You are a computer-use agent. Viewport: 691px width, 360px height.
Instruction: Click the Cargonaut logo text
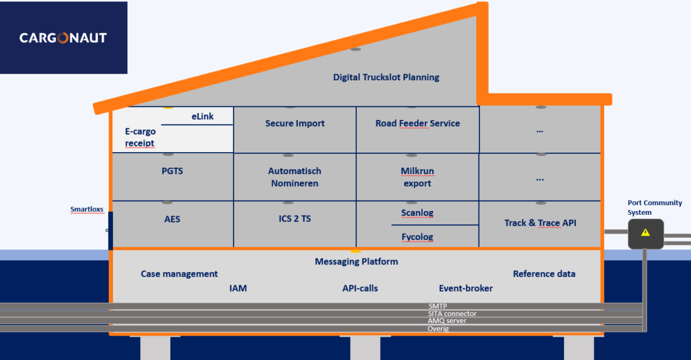[x=63, y=38]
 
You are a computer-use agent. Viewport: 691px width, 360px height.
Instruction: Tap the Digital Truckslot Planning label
[x=386, y=77]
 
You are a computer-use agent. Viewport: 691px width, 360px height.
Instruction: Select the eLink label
[x=202, y=116]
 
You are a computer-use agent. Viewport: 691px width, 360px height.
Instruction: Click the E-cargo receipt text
[x=140, y=137]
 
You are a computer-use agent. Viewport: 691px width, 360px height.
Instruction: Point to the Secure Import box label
[x=295, y=123]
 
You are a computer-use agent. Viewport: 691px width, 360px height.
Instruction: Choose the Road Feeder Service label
[x=417, y=123]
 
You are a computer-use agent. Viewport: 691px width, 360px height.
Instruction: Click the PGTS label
[x=172, y=171]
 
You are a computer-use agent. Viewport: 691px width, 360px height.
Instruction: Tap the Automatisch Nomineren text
[x=295, y=177]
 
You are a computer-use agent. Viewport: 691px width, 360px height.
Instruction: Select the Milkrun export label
[x=417, y=177]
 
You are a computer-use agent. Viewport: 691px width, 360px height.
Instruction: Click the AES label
[x=172, y=219]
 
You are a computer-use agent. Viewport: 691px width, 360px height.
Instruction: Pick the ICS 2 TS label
[x=295, y=219]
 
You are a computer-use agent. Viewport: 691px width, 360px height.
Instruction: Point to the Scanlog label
[x=417, y=213]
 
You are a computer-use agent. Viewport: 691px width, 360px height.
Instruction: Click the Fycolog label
[x=417, y=237]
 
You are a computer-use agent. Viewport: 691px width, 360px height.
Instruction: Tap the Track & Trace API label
[x=540, y=223]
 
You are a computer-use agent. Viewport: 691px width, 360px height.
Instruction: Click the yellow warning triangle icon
[x=645, y=232]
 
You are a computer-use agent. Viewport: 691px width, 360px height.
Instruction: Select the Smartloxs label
[x=87, y=209]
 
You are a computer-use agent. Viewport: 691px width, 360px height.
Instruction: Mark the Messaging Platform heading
[x=356, y=262]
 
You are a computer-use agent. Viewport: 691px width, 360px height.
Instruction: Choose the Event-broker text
[x=466, y=288]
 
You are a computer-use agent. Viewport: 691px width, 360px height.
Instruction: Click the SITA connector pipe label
[x=452, y=314]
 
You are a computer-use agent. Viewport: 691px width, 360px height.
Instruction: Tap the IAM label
[x=238, y=288]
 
